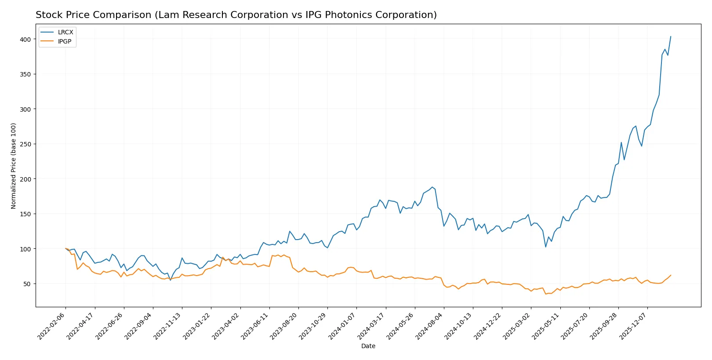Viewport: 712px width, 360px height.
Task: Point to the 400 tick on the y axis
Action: coord(25,39)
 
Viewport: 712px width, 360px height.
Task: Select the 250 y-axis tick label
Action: coord(25,144)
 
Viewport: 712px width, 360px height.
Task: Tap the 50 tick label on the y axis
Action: coord(27,284)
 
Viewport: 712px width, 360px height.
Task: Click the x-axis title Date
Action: coord(368,346)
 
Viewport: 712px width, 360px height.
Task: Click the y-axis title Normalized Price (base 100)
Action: coord(13,166)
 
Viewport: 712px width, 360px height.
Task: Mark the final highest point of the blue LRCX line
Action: coord(671,36)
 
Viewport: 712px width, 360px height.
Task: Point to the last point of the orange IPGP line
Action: coord(671,275)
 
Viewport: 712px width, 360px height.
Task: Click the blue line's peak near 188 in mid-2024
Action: coord(432,187)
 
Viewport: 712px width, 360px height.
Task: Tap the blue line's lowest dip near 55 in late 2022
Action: coord(171,280)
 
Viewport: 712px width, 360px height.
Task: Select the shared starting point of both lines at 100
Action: coord(65,248)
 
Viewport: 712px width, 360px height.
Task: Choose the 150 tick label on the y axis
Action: coord(25,214)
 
